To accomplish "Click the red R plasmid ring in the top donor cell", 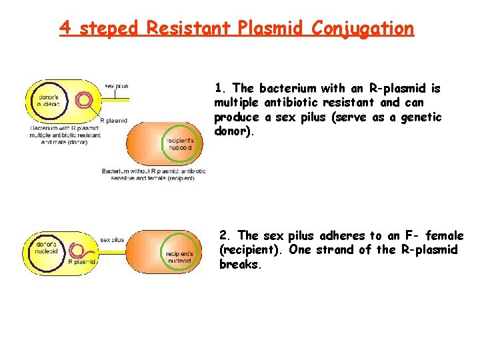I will tap(85, 101).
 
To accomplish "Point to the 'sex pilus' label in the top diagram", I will tap(117, 86).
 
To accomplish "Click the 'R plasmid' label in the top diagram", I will tap(113, 121).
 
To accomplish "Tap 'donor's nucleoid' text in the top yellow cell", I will tap(48, 100).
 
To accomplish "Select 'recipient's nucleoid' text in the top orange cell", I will tap(180, 145).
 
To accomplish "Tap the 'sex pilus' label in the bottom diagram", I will tap(112, 239).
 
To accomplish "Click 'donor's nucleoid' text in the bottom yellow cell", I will tap(45, 249).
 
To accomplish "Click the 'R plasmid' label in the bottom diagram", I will tap(83, 262).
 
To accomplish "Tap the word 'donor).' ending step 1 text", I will tap(234, 131).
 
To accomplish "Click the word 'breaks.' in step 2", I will tap(239, 264).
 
